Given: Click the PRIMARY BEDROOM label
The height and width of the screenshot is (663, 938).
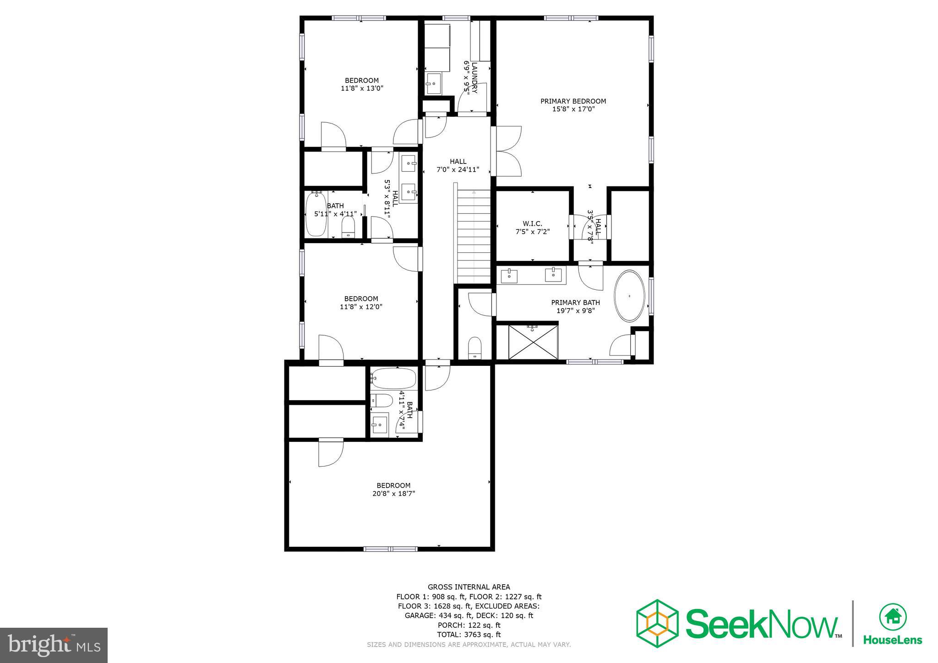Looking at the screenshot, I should (573, 101).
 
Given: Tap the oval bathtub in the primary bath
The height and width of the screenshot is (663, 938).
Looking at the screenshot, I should (629, 296).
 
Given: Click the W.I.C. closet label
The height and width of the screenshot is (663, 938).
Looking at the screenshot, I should (532, 223).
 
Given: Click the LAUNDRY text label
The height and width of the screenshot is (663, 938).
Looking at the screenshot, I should (474, 77).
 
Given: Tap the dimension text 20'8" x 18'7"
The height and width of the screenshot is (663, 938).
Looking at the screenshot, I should (393, 494).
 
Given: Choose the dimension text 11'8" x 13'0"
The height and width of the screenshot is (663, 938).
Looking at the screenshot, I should (362, 88).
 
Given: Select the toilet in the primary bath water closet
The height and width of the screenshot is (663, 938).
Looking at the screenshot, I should (475, 348).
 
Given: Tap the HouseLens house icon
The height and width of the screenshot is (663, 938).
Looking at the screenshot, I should (893, 618).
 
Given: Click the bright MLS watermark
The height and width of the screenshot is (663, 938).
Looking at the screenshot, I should (54, 645).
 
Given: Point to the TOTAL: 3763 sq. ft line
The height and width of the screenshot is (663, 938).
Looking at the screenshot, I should (469, 635).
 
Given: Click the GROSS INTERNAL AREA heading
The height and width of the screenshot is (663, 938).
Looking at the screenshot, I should (469, 587).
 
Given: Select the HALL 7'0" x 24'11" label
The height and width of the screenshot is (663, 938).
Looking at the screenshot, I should (458, 165).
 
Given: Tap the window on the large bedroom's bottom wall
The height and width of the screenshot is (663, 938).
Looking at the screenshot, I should (391, 549).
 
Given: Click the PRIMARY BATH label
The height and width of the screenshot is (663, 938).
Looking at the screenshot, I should (575, 303).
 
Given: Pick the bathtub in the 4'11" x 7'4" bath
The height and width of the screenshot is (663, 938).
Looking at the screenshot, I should (393, 379).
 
